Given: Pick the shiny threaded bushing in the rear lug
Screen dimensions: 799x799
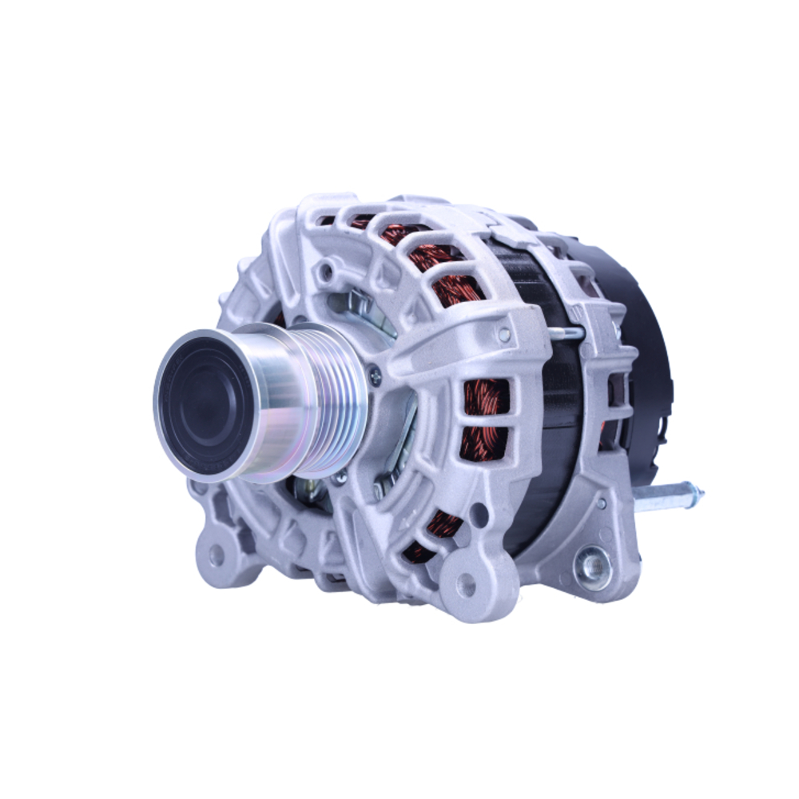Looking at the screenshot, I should click(x=594, y=567).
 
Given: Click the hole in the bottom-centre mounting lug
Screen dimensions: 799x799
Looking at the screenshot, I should click(x=466, y=586).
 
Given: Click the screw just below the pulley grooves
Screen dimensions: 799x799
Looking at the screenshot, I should click(x=341, y=477).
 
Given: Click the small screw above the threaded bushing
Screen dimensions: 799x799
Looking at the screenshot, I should click(x=601, y=504).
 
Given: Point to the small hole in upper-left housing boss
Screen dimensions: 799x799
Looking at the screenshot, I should click(x=326, y=272).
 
